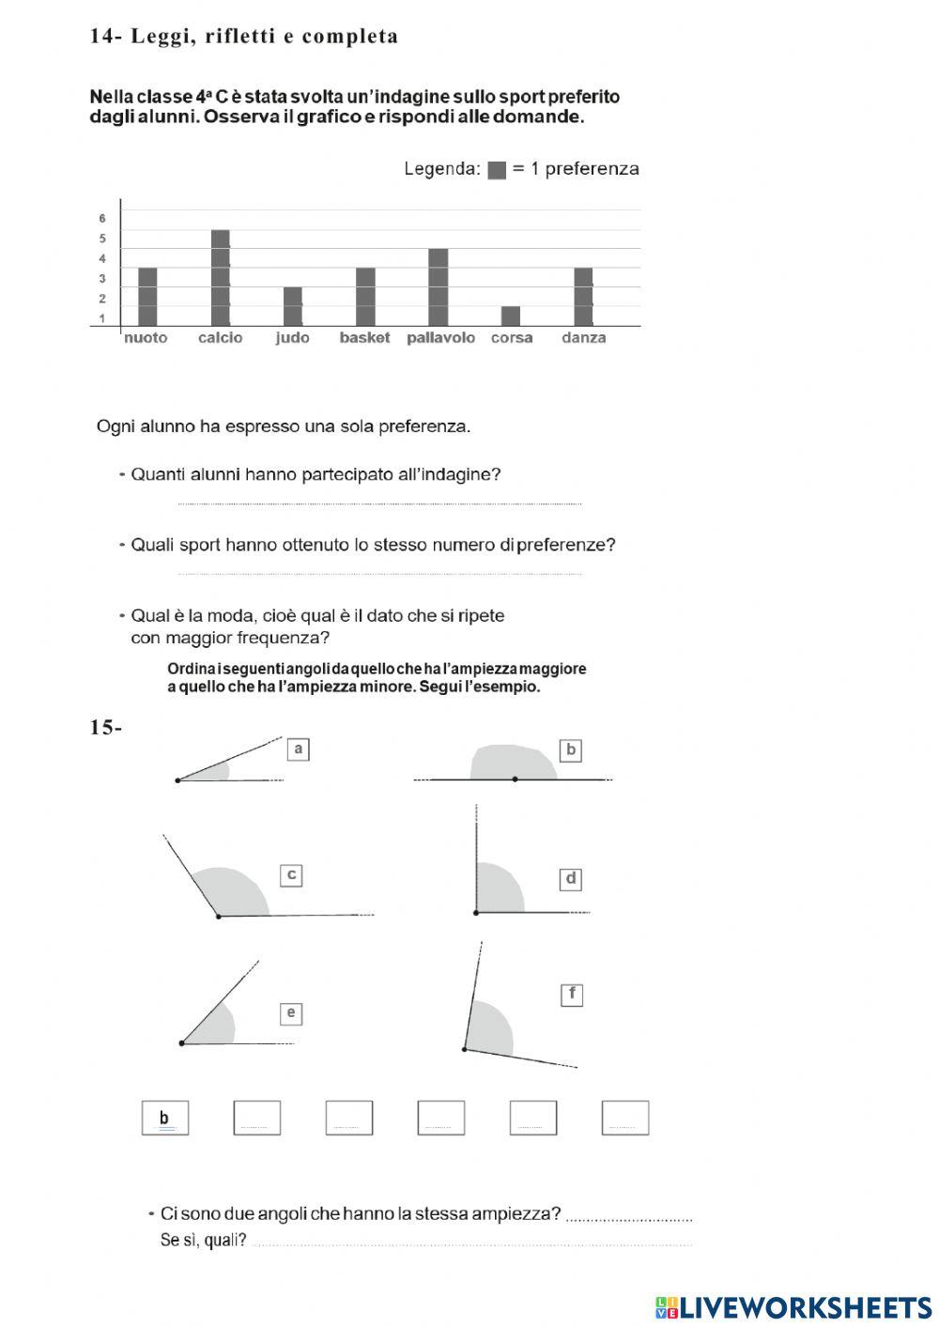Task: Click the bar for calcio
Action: pos(221,278)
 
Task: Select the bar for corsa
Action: pos(511,316)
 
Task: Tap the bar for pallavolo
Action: pos(439,287)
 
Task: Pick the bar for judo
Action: pos(293,306)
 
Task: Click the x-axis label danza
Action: pos(583,338)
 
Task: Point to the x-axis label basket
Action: pos(364,338)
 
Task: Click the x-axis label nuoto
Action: pos(146,338)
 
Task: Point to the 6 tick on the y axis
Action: pos(102,219)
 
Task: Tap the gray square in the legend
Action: pos(497,170)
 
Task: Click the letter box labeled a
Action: pos(298,749)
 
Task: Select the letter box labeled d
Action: pos(571,880)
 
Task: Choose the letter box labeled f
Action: pos(572,995)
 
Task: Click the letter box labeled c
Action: pos(292,875)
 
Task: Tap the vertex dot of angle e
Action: pos(181,1043)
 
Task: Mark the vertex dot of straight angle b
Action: pos(515,779)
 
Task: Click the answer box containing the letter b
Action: pos(165,1118)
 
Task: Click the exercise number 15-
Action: pos(106,728)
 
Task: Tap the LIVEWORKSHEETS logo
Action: pos(793,1307)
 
